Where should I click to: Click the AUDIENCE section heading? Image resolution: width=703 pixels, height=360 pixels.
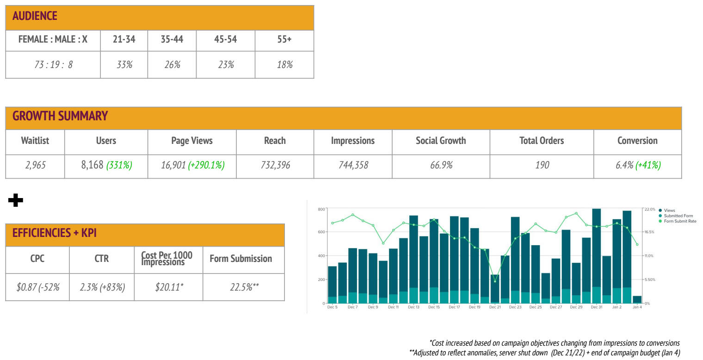click(35, 16)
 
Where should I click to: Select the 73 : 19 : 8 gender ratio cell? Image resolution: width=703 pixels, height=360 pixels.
click(53, 65)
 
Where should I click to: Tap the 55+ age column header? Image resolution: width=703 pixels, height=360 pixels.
click(284, 40)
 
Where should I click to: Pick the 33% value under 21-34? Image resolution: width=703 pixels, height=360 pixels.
click(124, 65)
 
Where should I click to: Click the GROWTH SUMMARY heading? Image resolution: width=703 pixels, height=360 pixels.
click(60, 116)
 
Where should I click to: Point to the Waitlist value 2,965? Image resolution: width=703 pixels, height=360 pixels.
click(35, 165)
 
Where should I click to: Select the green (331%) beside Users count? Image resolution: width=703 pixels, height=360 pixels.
click(119, 165)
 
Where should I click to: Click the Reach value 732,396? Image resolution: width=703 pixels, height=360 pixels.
click(275, 165)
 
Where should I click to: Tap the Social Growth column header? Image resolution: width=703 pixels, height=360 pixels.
click(441, 141)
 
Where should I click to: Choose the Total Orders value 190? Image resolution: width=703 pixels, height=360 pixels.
click(542, 165)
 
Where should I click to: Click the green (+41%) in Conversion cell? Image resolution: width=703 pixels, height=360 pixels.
click(648, 165)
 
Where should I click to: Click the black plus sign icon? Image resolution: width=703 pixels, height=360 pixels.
click(16, 200)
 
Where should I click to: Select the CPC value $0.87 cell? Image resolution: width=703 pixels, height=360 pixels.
click(37, 287)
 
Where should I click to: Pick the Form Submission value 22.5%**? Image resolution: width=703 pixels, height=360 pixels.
click(244, 287)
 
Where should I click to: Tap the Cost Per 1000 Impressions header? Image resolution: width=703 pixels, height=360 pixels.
click(167, 259)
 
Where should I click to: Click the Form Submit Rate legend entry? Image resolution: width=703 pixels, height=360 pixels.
click(679, 221)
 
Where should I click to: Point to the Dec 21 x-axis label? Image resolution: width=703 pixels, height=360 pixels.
click(495, 307)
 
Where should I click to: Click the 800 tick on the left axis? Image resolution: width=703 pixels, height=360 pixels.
click(321, 209)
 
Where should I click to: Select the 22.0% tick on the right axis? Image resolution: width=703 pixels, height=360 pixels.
click(649, 209)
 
